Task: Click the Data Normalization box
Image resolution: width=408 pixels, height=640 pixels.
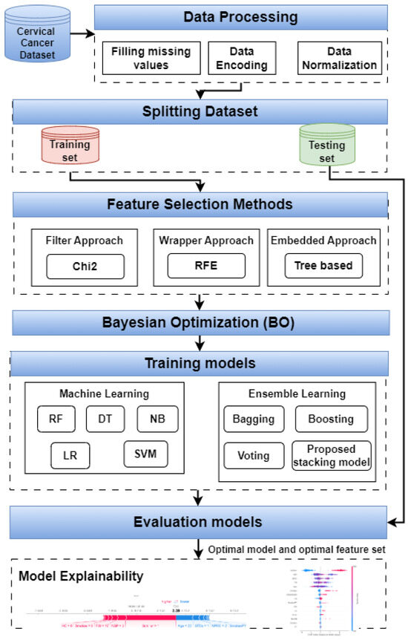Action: click(338, 59)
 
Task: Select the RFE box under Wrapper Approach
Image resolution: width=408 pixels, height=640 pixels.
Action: click(205, 266)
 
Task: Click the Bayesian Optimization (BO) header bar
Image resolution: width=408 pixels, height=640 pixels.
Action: click(199, 323)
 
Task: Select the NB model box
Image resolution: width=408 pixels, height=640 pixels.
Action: click(157, 419)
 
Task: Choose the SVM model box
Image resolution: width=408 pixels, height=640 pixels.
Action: click(145, 453)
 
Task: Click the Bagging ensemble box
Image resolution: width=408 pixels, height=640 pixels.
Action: click(254, 419)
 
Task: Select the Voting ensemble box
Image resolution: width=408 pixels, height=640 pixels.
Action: click(254, 455)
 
